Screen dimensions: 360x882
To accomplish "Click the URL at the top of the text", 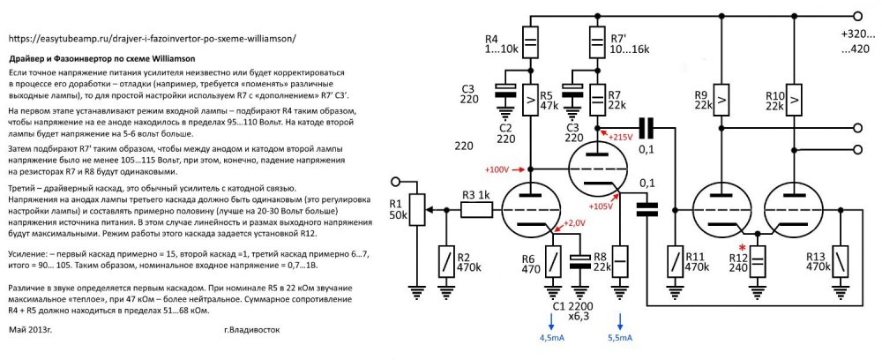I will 151,39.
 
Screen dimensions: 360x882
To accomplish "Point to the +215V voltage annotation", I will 621,137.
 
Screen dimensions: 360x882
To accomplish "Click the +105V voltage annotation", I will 601,206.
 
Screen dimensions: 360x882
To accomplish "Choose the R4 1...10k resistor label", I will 500,45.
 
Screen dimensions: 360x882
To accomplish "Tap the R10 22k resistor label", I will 774,101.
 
